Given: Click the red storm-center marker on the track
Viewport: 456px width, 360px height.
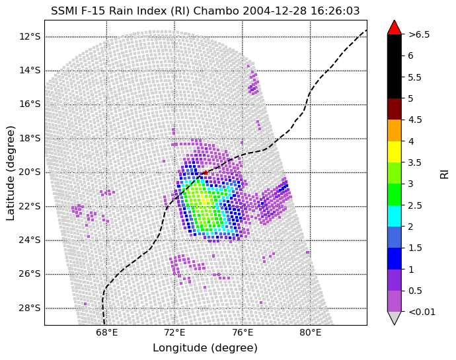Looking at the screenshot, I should point(206,172).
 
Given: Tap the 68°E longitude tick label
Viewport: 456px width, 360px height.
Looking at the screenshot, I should point(106,332).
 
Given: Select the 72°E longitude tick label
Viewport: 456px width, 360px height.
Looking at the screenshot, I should point(174,332).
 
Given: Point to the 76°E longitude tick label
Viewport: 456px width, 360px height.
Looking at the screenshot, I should point(243,332).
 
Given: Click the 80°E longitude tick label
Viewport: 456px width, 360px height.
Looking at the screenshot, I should point(311,332).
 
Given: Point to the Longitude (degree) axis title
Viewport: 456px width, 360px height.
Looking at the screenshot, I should point(205,348).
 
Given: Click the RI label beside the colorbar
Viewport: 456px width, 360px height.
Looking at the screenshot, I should point(444,172).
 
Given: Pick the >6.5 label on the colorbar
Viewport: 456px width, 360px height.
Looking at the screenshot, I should point(419,34).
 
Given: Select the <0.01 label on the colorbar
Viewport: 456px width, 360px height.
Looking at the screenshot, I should point(422,312).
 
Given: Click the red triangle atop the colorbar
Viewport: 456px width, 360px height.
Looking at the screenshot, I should point(395,28).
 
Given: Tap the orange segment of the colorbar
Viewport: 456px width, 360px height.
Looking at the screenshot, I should point(395,130).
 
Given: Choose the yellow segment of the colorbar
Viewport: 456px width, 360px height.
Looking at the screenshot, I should point(395,151).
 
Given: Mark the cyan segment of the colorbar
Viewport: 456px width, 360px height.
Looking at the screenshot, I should point(395,215).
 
